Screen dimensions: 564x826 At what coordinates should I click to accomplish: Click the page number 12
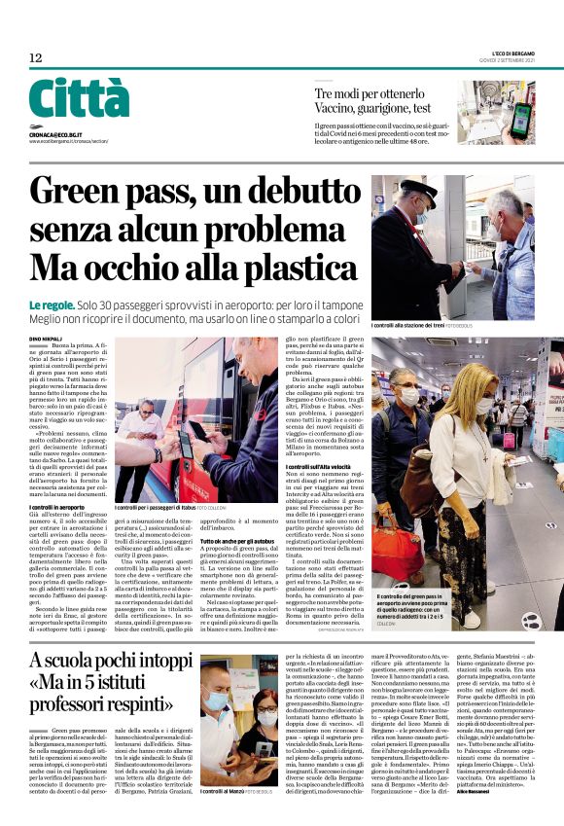click(35, 58)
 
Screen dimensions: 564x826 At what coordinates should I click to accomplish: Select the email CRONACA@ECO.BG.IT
click(57, 133)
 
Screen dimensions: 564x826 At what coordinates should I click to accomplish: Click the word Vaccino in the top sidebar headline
click(339, 109)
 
